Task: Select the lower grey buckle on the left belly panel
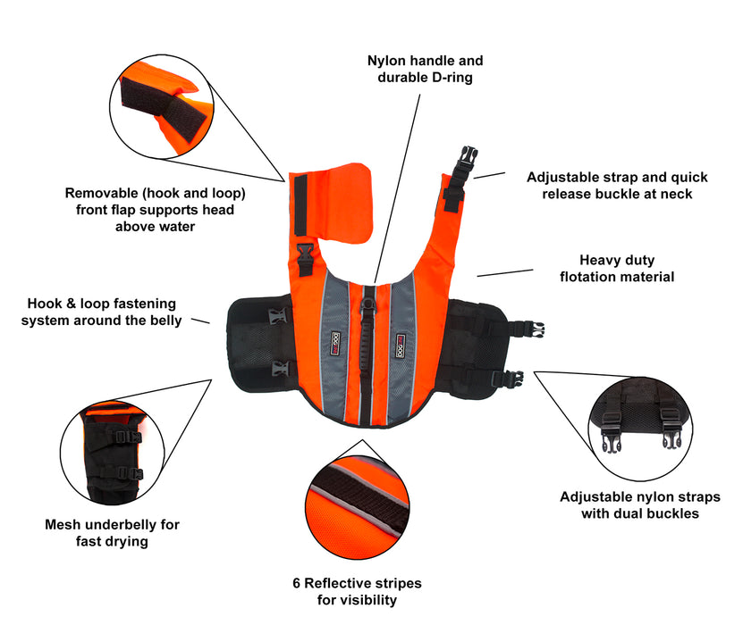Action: point(279,367)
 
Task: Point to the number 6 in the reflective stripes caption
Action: point(297,583)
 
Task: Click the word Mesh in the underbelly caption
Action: point(64,524)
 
